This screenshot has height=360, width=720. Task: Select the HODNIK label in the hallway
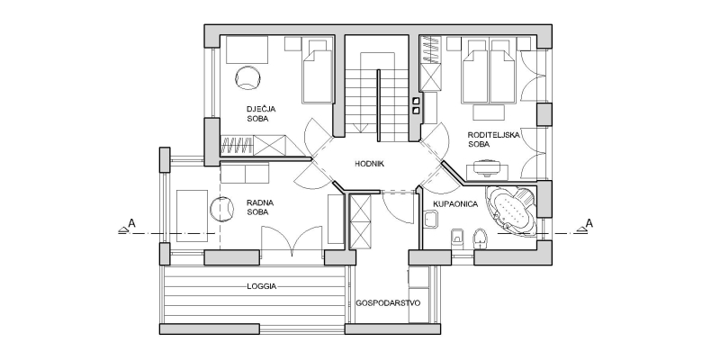pos(369,164)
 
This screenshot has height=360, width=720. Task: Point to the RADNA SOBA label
pos(260,207)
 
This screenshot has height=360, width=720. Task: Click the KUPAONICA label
pos(455,204)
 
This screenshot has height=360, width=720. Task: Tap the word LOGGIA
pos(262,286)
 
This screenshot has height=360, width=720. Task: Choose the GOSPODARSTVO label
pos(388,303)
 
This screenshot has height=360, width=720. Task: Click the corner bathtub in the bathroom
pos(511,211)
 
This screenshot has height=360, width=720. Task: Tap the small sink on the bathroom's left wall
pos(431,220)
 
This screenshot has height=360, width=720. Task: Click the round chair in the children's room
pos(249,77)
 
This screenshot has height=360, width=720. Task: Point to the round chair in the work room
pos(222,210)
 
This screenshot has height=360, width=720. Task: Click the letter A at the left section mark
pos(132,223)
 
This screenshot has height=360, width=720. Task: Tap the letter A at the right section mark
pos(589,223)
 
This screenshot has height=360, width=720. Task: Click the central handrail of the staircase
pos(379,105)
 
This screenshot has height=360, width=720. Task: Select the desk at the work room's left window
pos(192,215)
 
